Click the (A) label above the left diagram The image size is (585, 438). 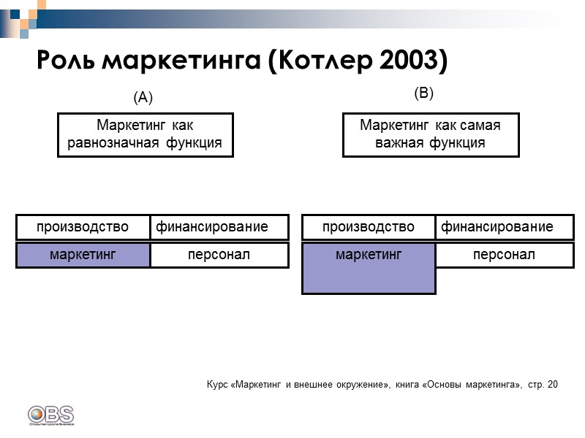click(x=143, y=97)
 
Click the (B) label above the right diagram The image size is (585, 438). click(x=424, y=93)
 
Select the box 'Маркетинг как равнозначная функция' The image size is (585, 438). click(x=146, y=134)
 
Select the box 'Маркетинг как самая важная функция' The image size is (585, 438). click(x=431, y=134)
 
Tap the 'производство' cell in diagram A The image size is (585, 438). click(x=83, y=227)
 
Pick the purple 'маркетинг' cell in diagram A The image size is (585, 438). click(x=83, y=255)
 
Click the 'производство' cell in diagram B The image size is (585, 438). click(x=369, y=227)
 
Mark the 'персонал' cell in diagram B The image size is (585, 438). click(x=505, y=255)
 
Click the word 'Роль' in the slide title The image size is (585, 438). click(x=67, y=61)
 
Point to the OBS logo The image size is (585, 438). click(x=50, y=415)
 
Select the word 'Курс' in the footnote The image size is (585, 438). click(x=217, y=384)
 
